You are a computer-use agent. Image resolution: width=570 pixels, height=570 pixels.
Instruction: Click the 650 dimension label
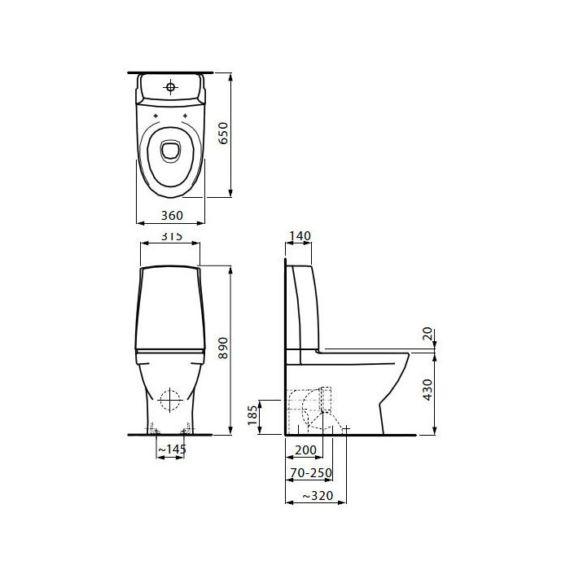(x=224, y=133)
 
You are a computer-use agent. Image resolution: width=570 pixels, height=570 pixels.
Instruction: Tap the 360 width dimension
(x=172, y=216)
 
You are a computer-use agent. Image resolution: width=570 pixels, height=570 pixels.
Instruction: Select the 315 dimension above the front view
(x=172, y=236)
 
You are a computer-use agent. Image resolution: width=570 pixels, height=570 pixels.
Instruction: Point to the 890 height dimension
(x=223, y=348)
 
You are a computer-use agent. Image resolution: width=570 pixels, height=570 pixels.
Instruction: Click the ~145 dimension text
(x=172, y=449)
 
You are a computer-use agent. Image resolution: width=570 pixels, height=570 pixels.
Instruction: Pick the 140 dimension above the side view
(x=300, y=236)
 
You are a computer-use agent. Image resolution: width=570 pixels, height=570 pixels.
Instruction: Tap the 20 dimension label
(x=428, y=333)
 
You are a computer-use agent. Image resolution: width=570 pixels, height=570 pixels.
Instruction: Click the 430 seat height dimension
(x=428, y=389)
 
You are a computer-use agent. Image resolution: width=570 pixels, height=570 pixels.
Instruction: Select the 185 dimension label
(x=252, y=415)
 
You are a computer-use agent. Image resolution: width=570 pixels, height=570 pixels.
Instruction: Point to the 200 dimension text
(x=305, y=450)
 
